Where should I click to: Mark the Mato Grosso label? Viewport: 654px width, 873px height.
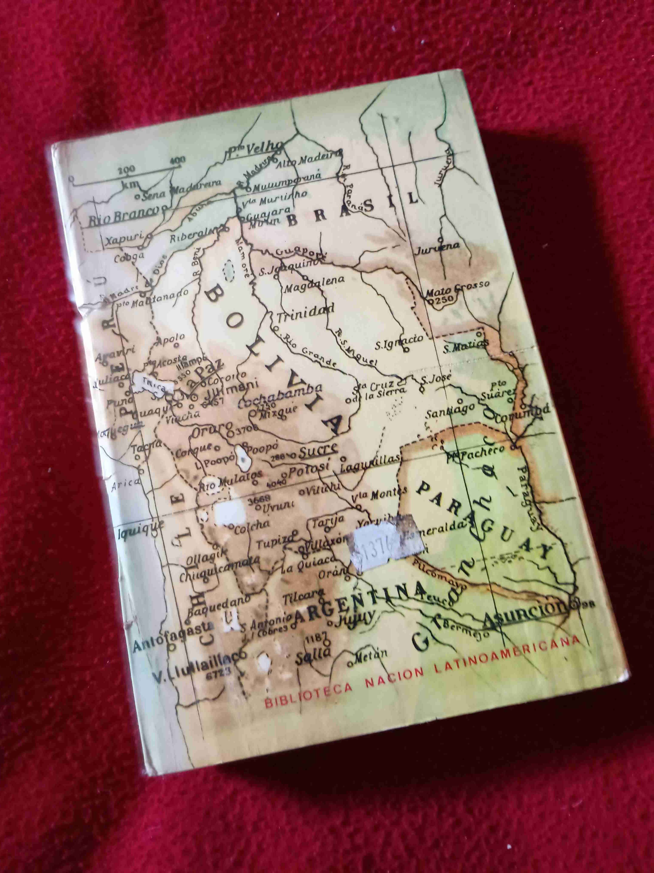click(x=457, y=287)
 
